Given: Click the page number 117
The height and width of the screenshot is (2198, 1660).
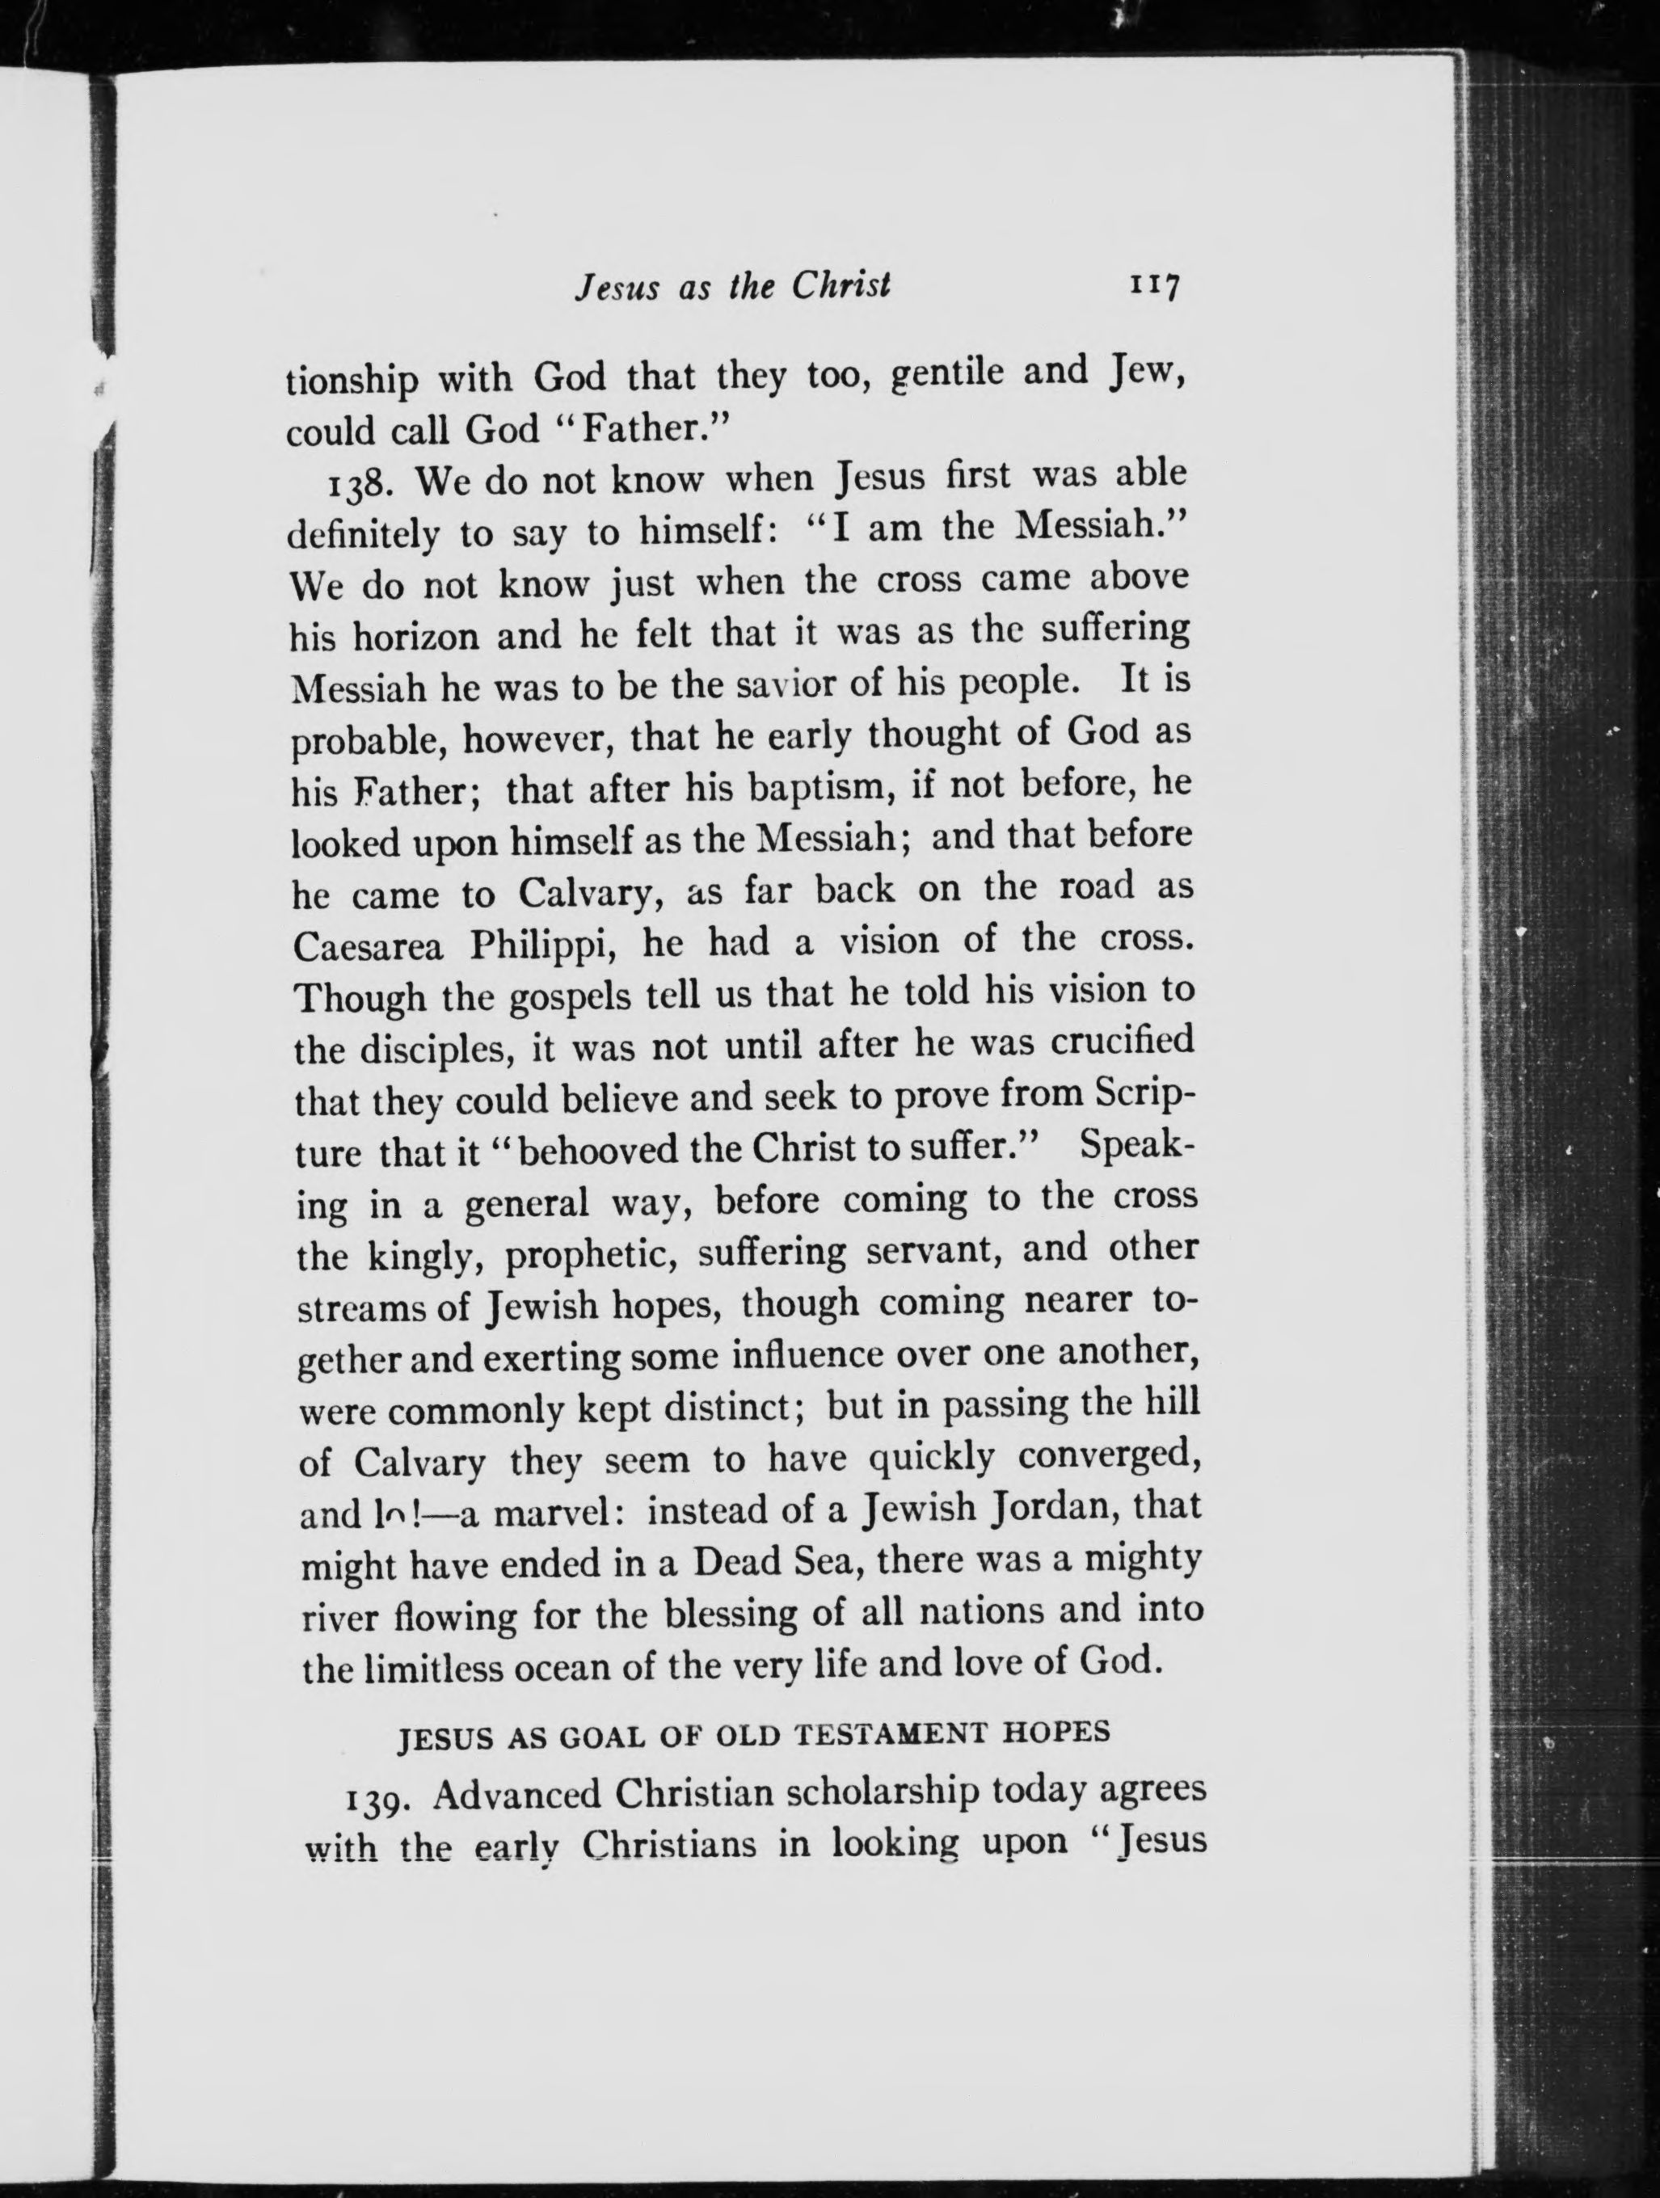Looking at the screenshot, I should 1153,286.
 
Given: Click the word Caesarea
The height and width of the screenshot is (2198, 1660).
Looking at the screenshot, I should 368,945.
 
